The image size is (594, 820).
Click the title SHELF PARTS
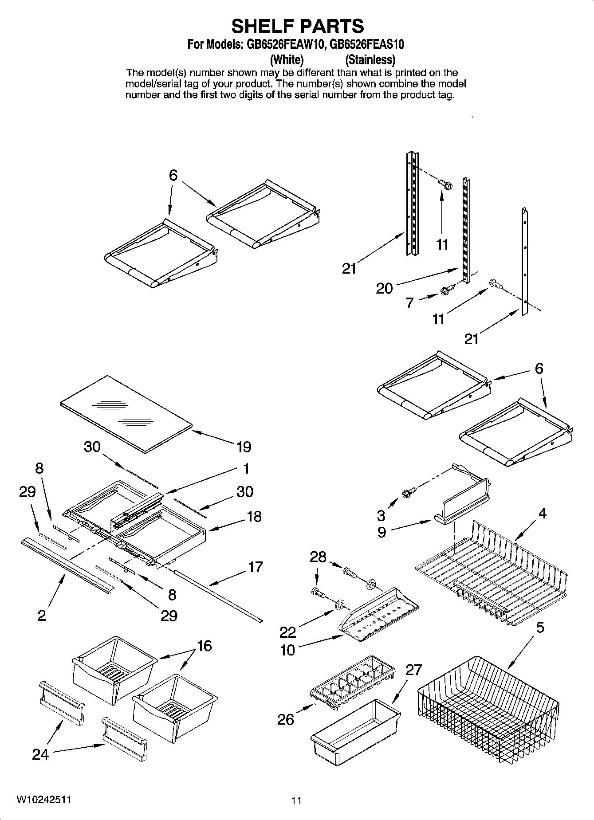(x=297, y=26)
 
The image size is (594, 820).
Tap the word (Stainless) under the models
(x=370, y=59)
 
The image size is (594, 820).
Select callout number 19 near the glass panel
(x=244, y=447)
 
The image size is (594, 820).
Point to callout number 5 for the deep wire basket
(x=540, y=628)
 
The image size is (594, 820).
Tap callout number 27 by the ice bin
(x=413, y=670)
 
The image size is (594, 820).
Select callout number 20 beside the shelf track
(x=384, y=289)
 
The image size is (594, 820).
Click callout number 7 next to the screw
(x=409, y=302)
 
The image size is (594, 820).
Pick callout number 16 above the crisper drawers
(x=204, y=646)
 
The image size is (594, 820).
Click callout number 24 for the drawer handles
(x=40, y=754)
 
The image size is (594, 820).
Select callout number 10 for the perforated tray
(x=287, y=650)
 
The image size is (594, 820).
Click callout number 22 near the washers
(x=287, y=632)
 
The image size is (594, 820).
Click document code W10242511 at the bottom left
(x=43, y=799)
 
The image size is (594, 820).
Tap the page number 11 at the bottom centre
(x=296, y=800)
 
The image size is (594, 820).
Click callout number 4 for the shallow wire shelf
(x=542, y=514)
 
